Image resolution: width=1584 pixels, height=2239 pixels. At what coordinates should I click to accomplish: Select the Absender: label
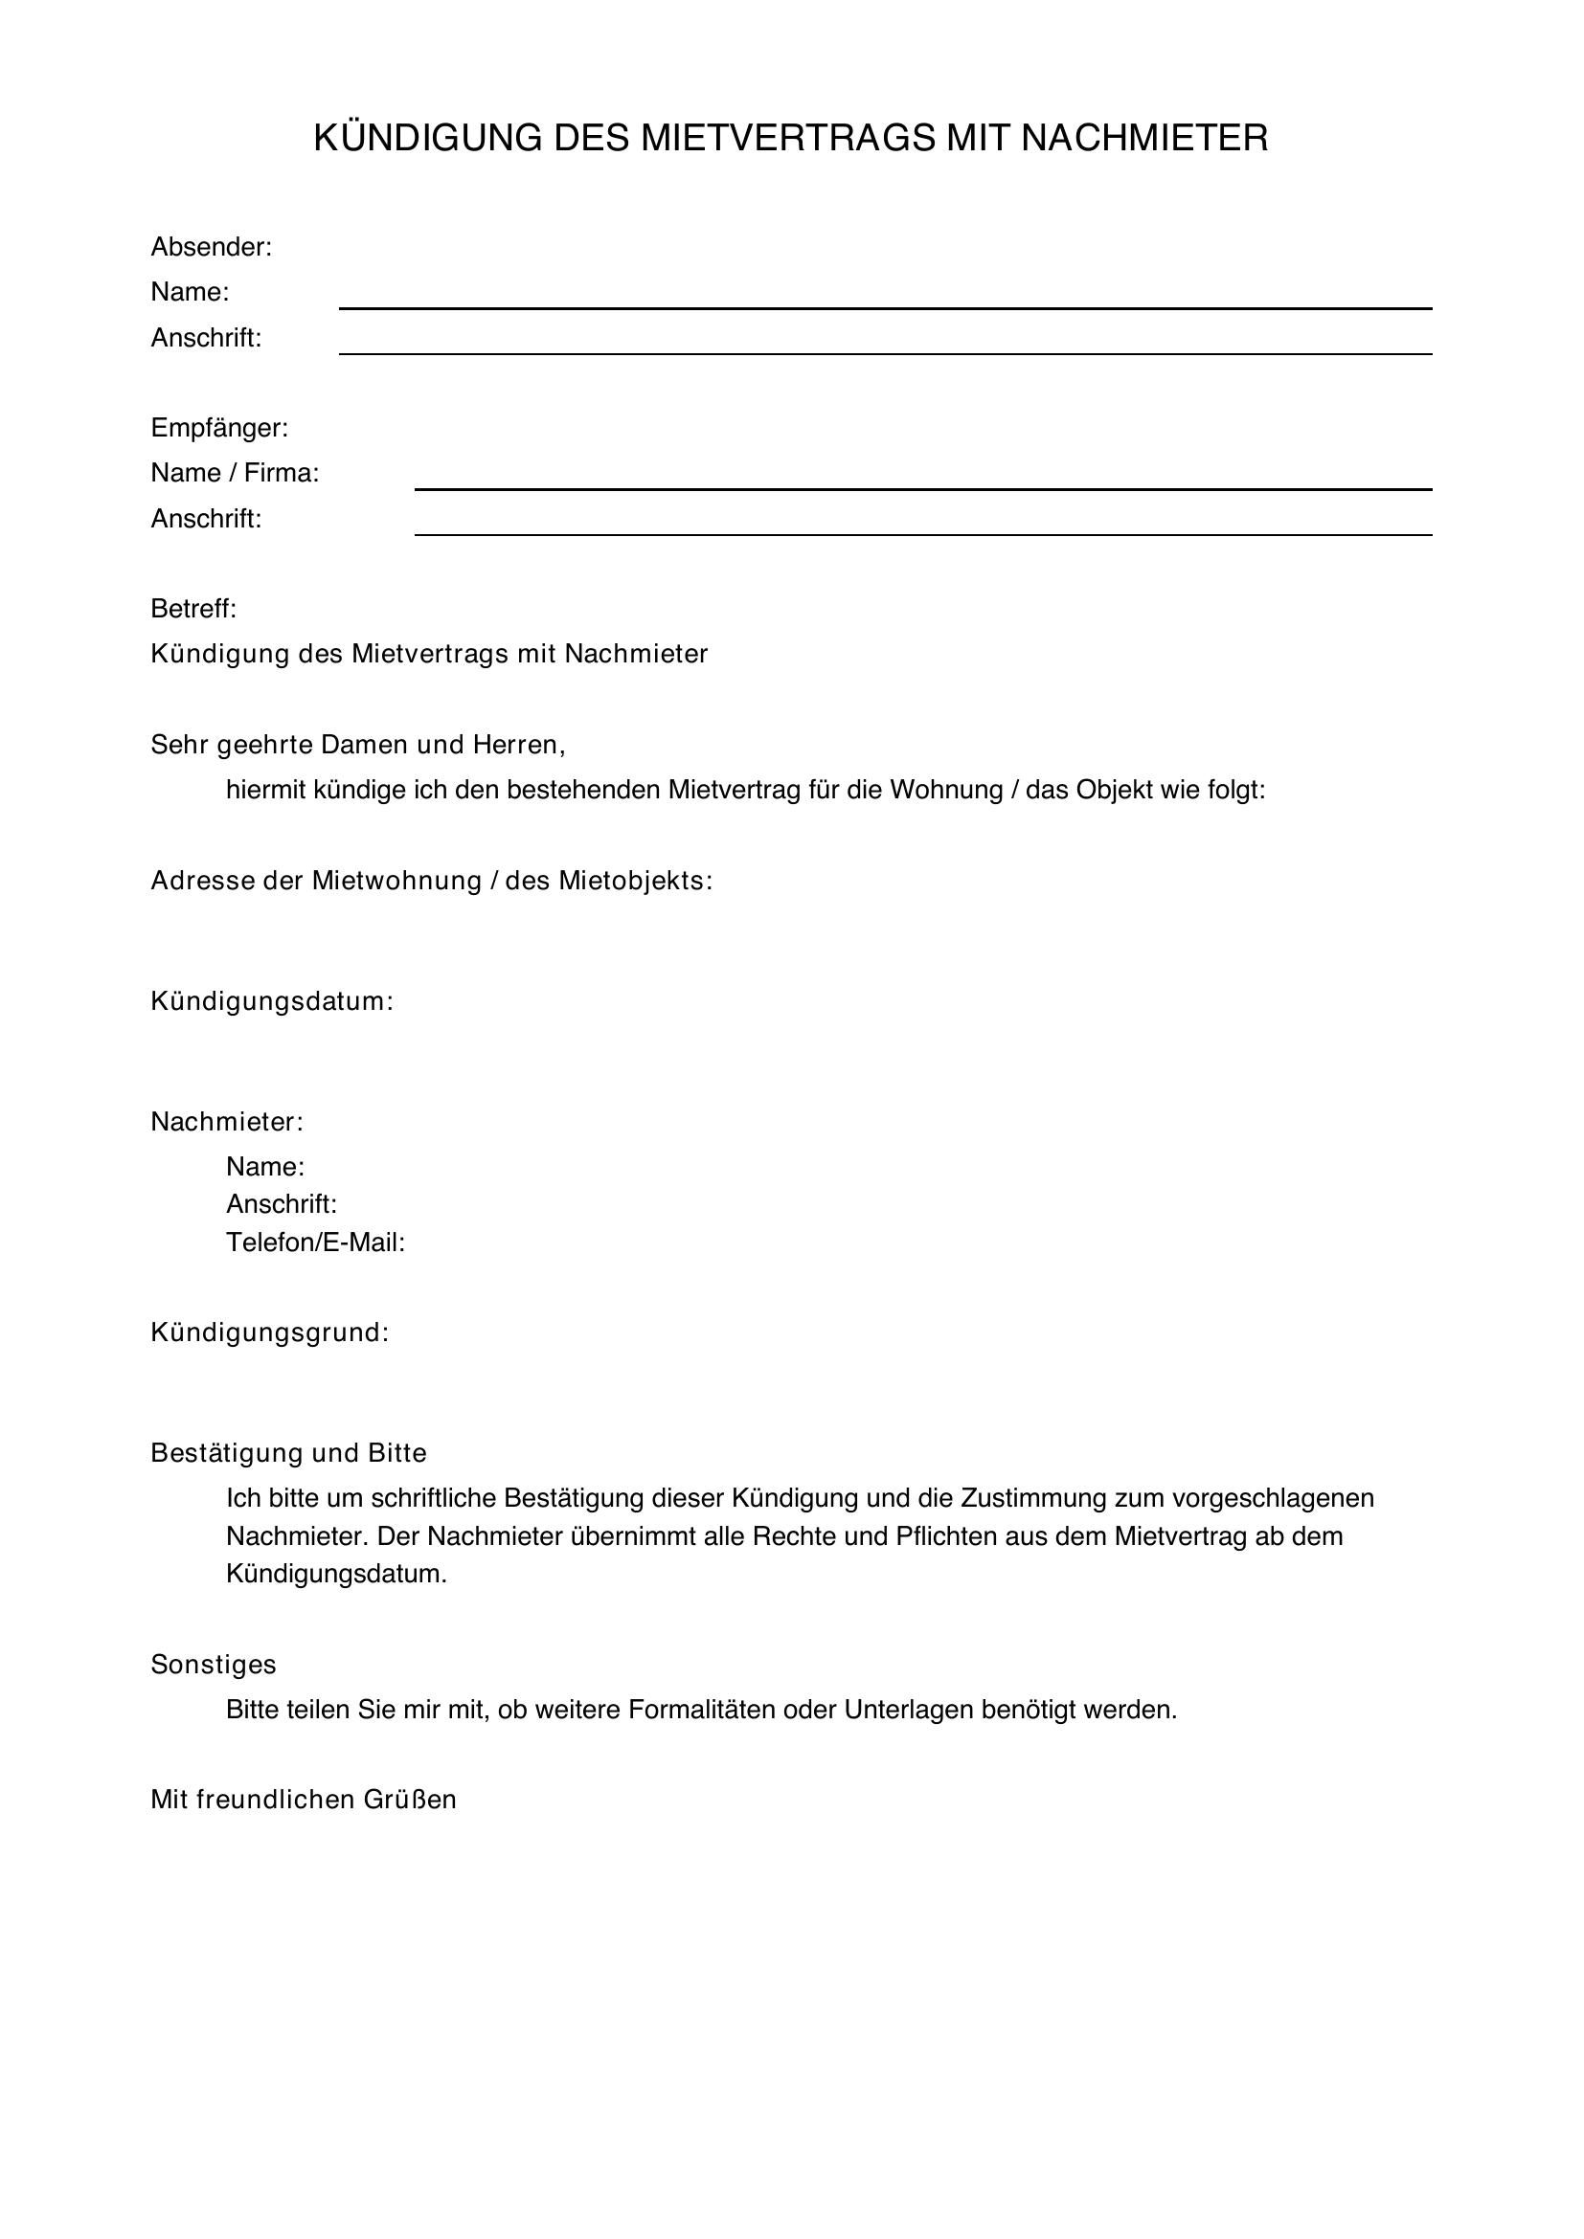[211, 248]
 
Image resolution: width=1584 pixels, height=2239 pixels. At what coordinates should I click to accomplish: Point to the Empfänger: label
[219, 428]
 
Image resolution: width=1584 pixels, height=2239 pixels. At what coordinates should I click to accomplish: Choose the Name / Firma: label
[235, 473]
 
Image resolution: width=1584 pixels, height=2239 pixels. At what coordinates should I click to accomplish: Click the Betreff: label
[193, 610]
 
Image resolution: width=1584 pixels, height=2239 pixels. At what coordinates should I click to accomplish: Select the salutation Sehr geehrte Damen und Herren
[358, 745]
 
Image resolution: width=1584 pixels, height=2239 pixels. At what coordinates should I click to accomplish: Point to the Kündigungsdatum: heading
[272, 1001]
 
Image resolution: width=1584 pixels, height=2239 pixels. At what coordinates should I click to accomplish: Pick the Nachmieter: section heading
[227, 1123]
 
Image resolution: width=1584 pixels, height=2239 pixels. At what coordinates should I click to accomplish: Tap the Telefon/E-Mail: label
[315, 1243]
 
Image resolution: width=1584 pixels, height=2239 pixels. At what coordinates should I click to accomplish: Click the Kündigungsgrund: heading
[270, 1333]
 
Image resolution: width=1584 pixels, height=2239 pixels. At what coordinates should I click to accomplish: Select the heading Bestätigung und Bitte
[288, 1453]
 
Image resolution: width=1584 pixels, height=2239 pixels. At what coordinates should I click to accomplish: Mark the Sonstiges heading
[214, 1665]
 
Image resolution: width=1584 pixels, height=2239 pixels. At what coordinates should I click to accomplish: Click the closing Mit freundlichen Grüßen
[304, 1800]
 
